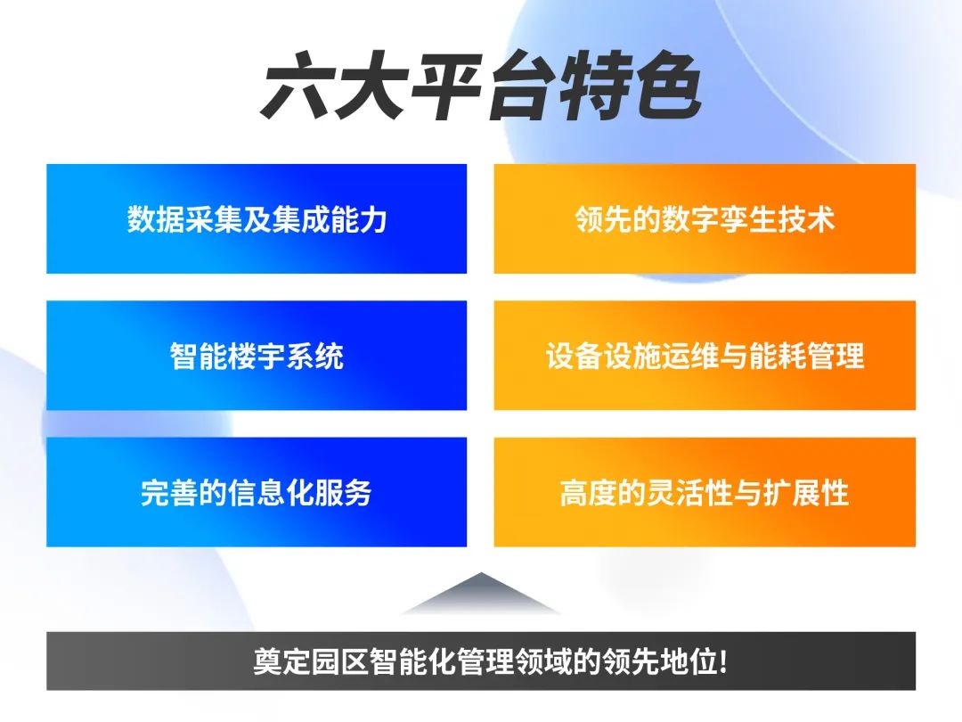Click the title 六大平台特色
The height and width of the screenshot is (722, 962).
coord(481,86)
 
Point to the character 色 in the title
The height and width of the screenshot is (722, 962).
coord(667,86)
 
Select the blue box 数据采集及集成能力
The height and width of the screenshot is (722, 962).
coord(257,218)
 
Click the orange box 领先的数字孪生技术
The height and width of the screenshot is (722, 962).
coord(705,218)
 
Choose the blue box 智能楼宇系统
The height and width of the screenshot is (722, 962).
coord(257,356)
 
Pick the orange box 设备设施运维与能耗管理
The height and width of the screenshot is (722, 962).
coord(705,356)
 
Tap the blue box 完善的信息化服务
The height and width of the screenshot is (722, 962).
coord(257,492)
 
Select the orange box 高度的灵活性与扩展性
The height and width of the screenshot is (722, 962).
coord(705,492)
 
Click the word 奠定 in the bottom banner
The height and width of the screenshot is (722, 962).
coord(282,661)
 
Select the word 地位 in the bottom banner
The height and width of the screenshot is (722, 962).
coord(688,661)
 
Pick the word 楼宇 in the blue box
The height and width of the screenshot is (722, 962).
coord(257,356)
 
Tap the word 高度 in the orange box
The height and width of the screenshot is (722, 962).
coord(589,492)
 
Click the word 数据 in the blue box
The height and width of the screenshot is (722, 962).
coord(156,219)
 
